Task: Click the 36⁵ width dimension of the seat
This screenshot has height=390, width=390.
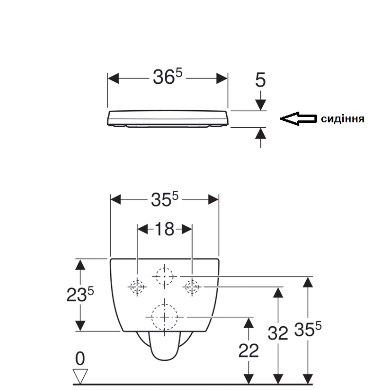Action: point(167,77)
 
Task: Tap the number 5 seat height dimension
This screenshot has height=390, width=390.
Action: point(260,80)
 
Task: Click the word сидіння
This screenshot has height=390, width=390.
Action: point(343,119)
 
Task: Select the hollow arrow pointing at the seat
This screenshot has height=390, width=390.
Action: point(298,118)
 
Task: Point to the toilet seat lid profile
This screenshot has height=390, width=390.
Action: point(168,119)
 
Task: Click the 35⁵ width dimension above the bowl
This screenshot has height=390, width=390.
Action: point(165,199)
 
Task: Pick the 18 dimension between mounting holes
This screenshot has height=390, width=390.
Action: point(164,229)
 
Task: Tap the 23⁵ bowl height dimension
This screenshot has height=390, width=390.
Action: point(80,294)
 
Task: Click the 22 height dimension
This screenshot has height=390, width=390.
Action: point(249,351)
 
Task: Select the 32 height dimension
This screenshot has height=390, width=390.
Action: point(277,333)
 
